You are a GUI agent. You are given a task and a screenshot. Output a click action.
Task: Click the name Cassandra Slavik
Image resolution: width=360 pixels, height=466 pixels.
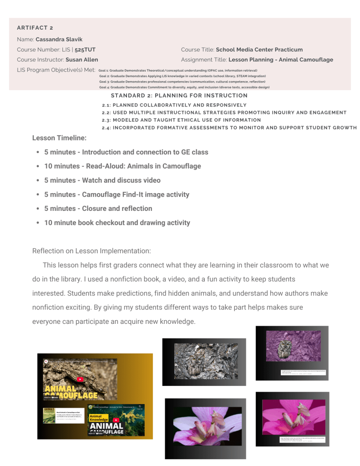pos(59,40)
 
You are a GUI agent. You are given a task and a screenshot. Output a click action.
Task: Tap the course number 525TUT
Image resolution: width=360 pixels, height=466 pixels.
pos(85,50)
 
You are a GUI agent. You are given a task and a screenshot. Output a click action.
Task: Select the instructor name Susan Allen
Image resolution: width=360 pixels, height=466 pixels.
pos(81,60)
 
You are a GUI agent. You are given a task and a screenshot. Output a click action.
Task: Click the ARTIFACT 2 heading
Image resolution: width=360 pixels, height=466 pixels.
pos(35,28)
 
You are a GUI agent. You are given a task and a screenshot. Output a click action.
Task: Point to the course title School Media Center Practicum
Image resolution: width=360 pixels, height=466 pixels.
pos(259,50)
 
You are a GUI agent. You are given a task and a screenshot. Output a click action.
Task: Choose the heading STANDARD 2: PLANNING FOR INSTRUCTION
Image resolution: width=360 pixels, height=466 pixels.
pos(179,96)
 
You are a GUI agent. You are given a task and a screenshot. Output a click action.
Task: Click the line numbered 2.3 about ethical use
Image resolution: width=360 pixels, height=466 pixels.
pos(181,120)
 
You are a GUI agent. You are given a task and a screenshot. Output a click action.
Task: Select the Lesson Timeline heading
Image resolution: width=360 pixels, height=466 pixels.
pos(59,138)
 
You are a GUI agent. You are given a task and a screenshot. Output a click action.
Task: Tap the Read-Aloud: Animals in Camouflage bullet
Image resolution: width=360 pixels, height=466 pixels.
pos(122,166)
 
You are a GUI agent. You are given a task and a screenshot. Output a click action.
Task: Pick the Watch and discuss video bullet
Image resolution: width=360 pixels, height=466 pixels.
pos(102,180)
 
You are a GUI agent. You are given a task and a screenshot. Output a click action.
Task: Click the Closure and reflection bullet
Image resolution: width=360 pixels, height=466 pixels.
pos(98,209)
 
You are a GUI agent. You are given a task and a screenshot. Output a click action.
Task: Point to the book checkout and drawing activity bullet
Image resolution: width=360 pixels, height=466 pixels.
pos(117,223)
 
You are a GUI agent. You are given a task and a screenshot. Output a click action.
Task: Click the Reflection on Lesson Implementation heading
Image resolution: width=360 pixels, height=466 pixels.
pos(91,251)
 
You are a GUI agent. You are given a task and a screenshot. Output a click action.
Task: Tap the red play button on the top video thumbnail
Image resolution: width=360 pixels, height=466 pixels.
pos(80,379)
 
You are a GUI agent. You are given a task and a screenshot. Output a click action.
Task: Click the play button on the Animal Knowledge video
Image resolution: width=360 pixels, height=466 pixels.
pos(116,420)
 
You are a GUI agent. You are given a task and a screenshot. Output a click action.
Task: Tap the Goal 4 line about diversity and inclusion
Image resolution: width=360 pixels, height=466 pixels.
pos(184,87)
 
